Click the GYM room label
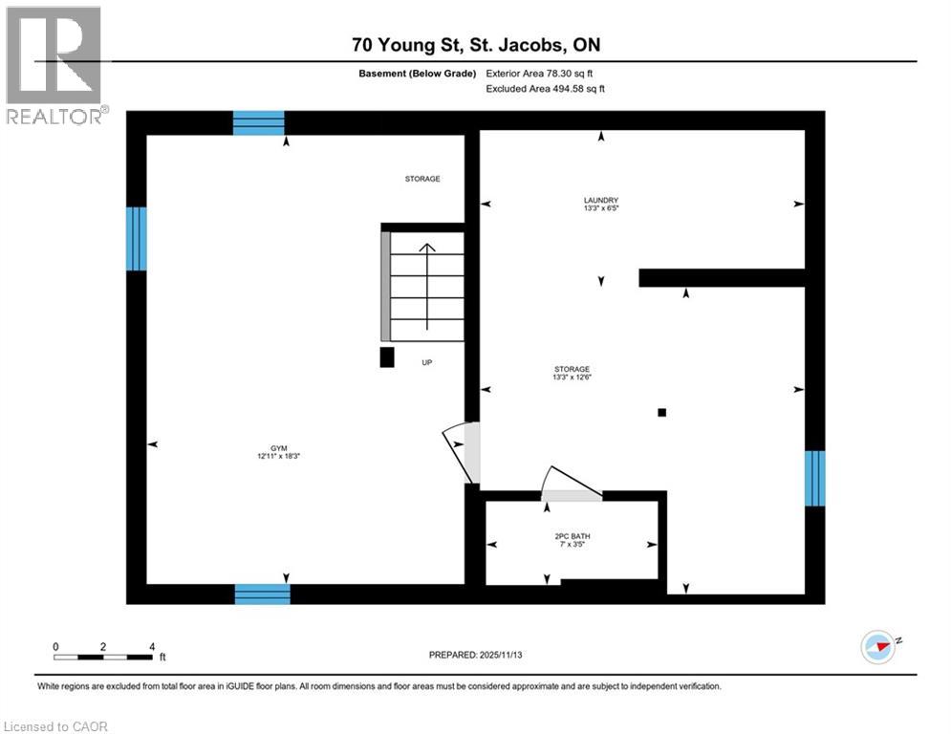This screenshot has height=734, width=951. pyautogui.click(x=278, y=448)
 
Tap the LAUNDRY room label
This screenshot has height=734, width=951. pyautogui.click(x=601, y=201)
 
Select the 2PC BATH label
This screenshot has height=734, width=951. pyautogui.click(x=572, y=537)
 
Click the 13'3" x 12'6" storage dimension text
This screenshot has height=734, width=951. pyautogui.click(x=572, y=378)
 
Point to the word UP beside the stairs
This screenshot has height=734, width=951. pyautogui.click(x=428, y=363)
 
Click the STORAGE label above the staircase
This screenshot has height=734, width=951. pyautogui.click(x=421, y=179)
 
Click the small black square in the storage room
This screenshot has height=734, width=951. pyautogui.click(x=661, y=413)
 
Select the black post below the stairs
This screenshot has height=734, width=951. pyautogui.click(x=387, y=357)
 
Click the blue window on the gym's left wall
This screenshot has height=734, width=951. pyautogui.click(x=137, y=239)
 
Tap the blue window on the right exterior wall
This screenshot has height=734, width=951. pyautogui.click(x=813, y=478)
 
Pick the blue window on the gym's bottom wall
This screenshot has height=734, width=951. pyautogui.click(x=263, y=594)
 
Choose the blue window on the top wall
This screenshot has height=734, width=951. pyautogui.click(x=259, y=122)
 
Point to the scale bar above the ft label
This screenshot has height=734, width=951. pyautogui.click(x=102, y=656)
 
